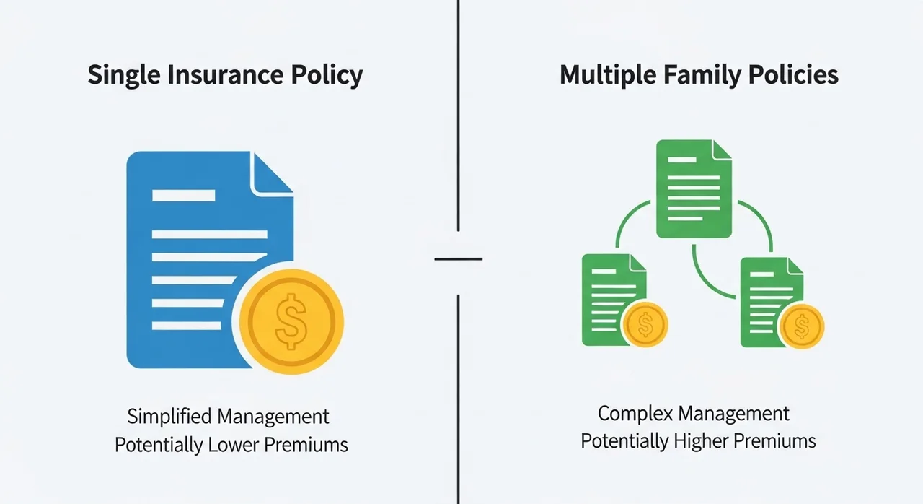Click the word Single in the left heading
pos(124,76)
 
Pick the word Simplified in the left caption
pos(169,416)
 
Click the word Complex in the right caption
pos(635,414)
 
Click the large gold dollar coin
pos(291,322)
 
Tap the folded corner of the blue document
pos(273,173)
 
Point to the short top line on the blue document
pos(184,196)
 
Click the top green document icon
pos(694,189)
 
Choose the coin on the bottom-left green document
pos(645,324)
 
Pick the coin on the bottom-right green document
pos(801,326)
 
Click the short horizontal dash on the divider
pos(458,259)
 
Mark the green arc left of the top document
pos(627,219)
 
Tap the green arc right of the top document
pos(761,220)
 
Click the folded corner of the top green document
pos(722,149)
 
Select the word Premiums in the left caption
pos(306,445)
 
